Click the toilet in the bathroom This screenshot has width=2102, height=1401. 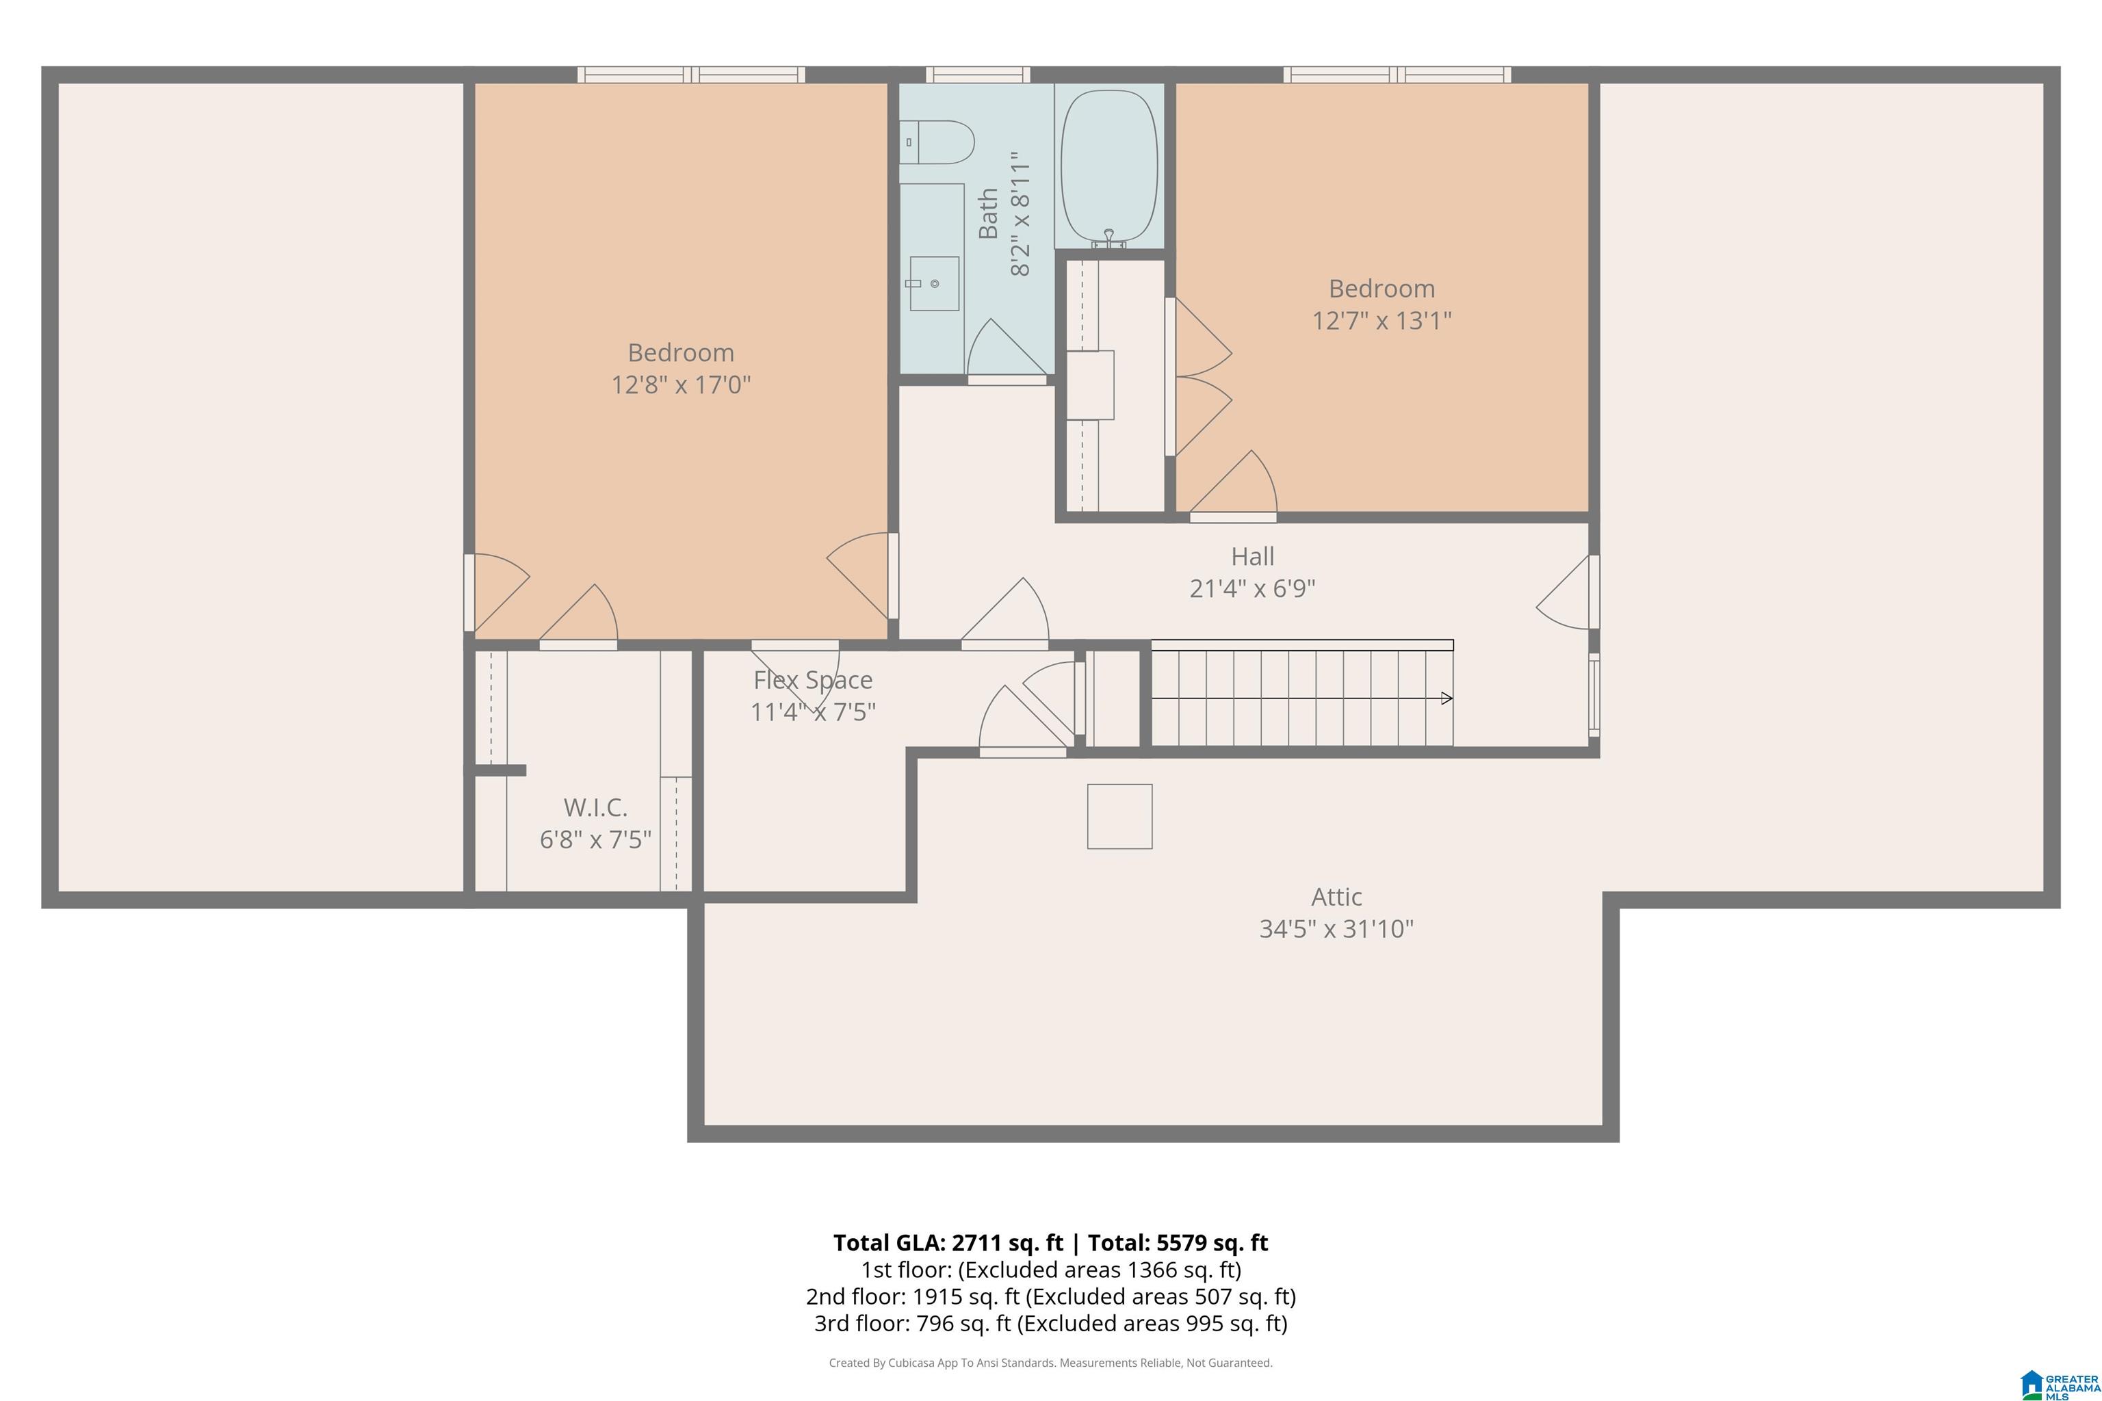click(x=936, y=143)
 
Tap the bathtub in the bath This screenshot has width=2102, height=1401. click(x=1109, y=166)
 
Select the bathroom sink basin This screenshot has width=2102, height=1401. click(x=934, y=283)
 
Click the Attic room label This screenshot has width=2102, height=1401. click(x=1336, y=896)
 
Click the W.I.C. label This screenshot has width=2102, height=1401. click(x=595, y=808)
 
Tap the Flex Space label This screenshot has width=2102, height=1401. click(x=812, y=680)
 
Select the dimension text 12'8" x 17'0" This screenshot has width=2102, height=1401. click(x=681, y=385)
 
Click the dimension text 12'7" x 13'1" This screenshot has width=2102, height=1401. click(x=1381, y=321)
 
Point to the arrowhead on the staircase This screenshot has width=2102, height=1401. click(x=1447, y=698)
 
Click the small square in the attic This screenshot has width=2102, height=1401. click(x=1120, y=815)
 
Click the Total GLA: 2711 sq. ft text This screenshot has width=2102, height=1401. click(x=948, y=1243)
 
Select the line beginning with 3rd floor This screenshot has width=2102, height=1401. click(x=1051, y=1323)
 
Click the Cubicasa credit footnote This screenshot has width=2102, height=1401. click(x=1051, y=1363)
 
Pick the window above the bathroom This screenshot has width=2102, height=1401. click(x=978, y=74)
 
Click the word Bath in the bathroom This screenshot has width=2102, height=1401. click(x=987, y=213)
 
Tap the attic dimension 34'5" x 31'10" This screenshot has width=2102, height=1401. click(x=1336, y=929)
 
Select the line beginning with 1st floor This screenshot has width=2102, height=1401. click(x=1051, y=1270)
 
